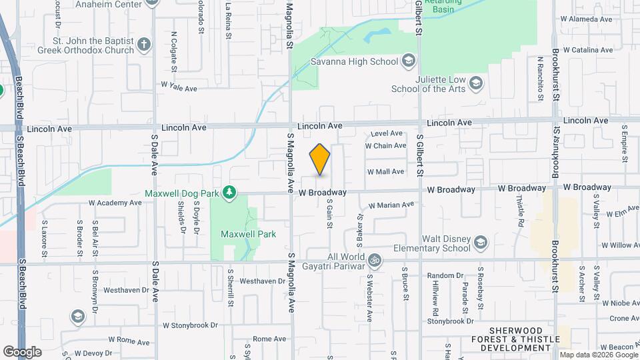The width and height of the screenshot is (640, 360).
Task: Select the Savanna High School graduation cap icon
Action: (x=409, y=62)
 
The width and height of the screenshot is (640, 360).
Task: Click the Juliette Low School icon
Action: (x=476, y=83)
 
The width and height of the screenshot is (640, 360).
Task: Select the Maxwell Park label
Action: (x=248, y=234)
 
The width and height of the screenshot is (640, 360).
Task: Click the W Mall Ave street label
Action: (x=385, y=171)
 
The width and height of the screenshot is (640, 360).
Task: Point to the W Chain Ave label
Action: (x=385, y=145)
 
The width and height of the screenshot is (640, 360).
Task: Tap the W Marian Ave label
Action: (x=391, y=205)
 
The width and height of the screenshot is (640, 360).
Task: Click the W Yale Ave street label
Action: (x=179, y=87)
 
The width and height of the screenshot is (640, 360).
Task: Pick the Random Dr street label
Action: (x=445, y=275)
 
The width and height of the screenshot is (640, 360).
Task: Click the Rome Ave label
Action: (x=269, y=339)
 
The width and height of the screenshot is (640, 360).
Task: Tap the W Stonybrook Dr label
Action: (x=190, y=325)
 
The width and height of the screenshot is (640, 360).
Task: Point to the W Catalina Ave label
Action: (x=587, y=50)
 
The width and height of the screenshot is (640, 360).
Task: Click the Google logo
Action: (x=22, y=351)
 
